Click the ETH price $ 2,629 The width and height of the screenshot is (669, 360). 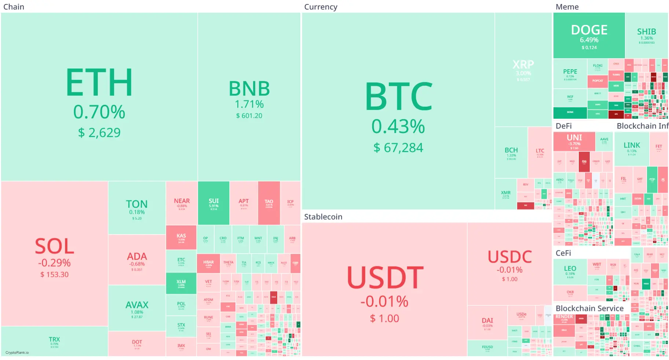coord(99,133)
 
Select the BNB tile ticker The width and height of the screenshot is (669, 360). coord(249,89)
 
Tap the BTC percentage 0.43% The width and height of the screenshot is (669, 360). coord(398,126)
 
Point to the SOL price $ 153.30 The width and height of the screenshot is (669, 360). coord(54,275)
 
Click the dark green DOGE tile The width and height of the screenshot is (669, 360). coord(589,36)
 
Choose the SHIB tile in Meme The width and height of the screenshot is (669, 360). coord(646,35)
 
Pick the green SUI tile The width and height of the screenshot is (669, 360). coord(213,203)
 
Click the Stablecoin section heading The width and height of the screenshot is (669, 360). coord(323,217)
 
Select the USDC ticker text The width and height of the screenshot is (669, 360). coord(509,257)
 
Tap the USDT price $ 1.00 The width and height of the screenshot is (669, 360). coord(384,319)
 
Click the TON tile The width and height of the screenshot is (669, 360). coord(137,208)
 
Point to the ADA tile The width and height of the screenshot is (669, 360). coord(137,260)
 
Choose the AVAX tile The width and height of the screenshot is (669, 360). coord(137,308)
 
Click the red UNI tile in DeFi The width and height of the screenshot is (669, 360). coord(574,141)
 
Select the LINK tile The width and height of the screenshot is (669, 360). coord(632,148)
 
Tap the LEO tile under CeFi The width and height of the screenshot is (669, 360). coord(570,271)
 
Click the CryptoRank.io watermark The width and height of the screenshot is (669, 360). coord(17,353)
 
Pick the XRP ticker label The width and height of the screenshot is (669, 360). coord(523,65)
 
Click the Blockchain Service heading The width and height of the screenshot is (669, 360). coord(589,308)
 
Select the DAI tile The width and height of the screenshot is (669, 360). coord(487,322)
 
